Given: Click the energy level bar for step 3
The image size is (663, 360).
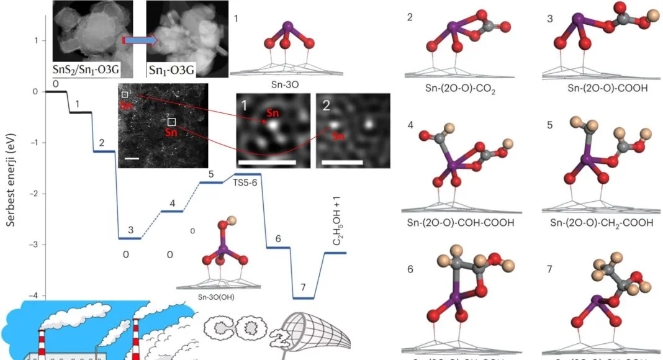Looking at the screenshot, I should pos(130,238).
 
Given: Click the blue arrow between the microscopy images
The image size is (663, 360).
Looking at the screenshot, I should pos(140,41).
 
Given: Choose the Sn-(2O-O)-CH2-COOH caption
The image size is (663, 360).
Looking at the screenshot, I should pos(598,222).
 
